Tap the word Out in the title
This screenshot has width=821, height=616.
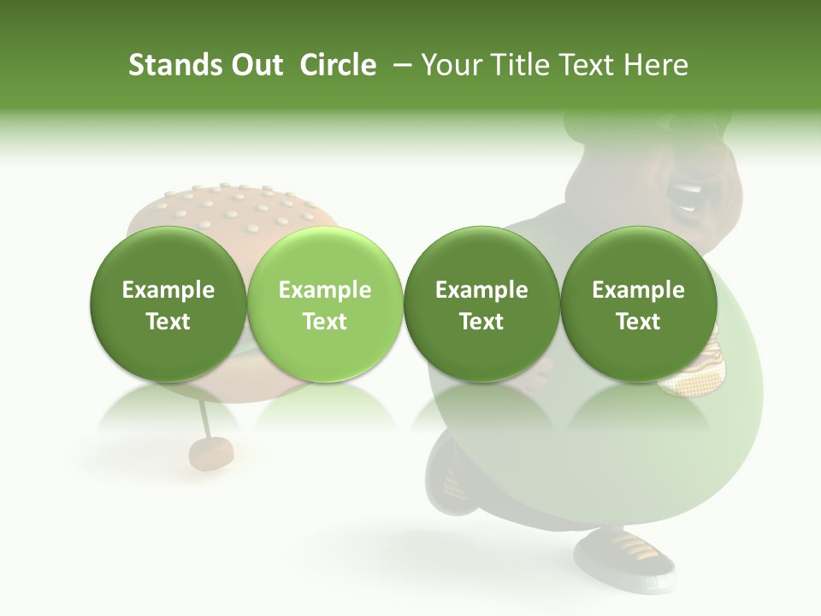(x=254, y=65)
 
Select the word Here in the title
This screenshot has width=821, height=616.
(x=659, y=65)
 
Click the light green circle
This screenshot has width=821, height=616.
(x=325, y=305)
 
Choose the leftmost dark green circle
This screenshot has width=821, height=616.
(x=168, y=305)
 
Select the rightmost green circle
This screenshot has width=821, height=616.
(x=639, y=305)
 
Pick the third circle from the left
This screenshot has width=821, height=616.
(x=481, y=305)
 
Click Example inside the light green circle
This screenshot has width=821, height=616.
(x=325, y=290)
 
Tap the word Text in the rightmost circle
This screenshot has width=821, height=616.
(x=639, y=322)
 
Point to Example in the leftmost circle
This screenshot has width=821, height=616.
(x=168, y=290)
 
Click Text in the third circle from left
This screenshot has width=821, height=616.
(x=481, y=322)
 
